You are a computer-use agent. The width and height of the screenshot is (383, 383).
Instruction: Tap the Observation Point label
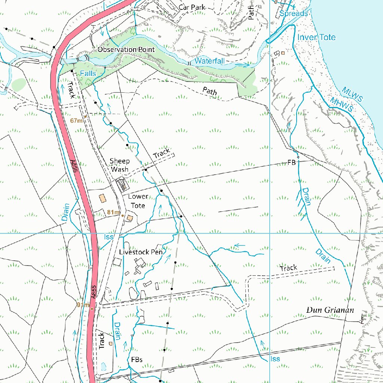coord(126,49)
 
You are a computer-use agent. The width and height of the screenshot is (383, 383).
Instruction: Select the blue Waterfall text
coord(209,61)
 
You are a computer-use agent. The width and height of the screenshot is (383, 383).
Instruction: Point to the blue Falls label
coord(88,74)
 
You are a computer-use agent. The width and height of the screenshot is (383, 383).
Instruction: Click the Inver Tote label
coord(316,37)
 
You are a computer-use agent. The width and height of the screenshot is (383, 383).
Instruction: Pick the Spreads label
coord(294,13)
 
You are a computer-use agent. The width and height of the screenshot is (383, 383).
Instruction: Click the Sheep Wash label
coord(120,165)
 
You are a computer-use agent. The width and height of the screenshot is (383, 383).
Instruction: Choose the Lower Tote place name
coord(138,201)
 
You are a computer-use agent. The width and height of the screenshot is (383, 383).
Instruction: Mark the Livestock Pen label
coord(141,252)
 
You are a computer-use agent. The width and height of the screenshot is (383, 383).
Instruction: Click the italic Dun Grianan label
coord(330,310)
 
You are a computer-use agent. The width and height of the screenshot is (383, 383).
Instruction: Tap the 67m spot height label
coord(76,120)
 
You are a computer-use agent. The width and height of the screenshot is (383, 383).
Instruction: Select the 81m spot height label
coord(113,212)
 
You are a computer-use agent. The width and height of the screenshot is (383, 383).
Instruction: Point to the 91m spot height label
coord(83,305)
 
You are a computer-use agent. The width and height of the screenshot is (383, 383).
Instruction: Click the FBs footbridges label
coord(137,359)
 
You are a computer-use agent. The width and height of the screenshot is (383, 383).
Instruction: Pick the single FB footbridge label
coord(291,163)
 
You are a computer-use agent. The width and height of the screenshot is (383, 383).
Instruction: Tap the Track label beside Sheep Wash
coord(161,153)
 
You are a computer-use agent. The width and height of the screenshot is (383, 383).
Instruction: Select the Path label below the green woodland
coord(210,91)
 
